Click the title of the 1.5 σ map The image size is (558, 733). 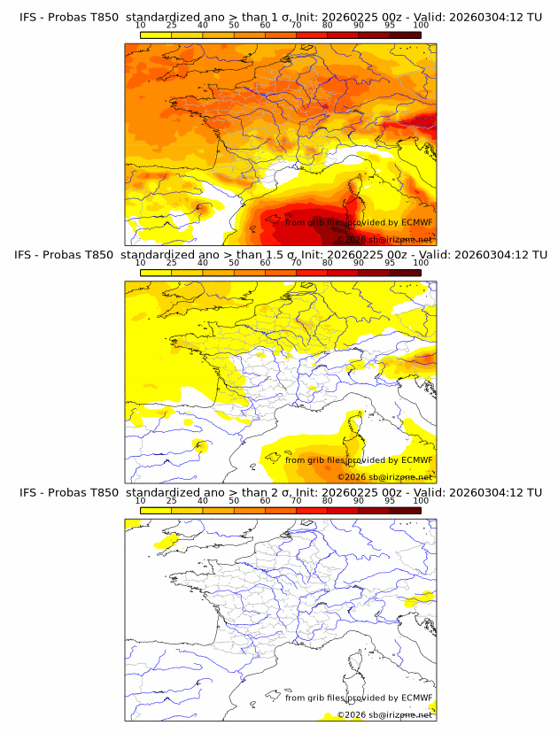point(280,255)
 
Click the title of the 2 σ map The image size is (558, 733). point(280,492)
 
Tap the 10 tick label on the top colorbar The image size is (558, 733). point(140,25)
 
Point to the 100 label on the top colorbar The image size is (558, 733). point(421,25)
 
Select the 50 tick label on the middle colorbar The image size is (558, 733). point(234,263)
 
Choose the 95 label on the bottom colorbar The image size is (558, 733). point(390,500)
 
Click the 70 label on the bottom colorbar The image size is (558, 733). point(296,500)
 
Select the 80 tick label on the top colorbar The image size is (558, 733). point(328,25)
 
